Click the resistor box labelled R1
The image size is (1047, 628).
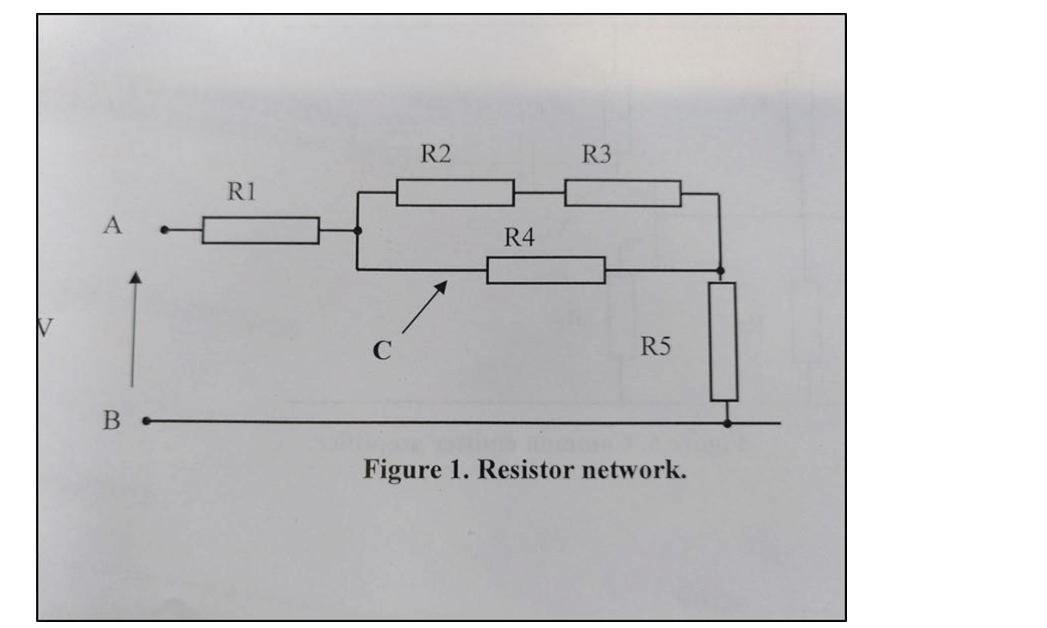[x=260, y=230]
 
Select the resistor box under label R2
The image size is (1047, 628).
[x=455, y=193]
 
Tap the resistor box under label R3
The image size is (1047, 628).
[x=623, y=193]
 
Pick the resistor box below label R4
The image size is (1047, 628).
[x=545, y=270]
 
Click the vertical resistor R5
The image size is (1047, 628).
[x=724, y=342]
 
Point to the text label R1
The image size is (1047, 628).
[x=241, y=192]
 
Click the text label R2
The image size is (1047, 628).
[x=436, y=154]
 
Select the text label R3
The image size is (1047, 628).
[x=596, y=154]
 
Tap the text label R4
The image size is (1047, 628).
[x=519, y=238]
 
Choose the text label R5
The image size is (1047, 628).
[x=655, y=347]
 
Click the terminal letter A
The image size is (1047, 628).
[x=112, y=226]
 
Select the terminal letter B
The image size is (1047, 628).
[x=112, y=421]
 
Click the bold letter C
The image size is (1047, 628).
[x=381, y=351]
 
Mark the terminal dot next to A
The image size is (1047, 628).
[x=164, y=230]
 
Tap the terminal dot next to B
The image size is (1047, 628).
[x=146, y=421]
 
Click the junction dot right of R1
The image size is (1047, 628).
[x=357, y=230]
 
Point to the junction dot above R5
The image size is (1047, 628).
[x=720, y=270]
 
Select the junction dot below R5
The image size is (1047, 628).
[x=727, y=423]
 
